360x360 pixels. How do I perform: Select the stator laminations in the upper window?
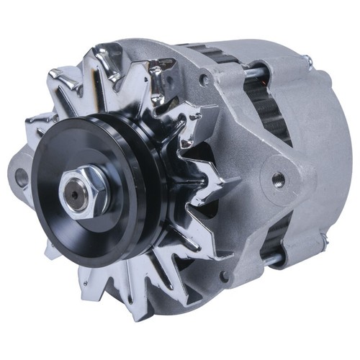[x=277, y=108]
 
